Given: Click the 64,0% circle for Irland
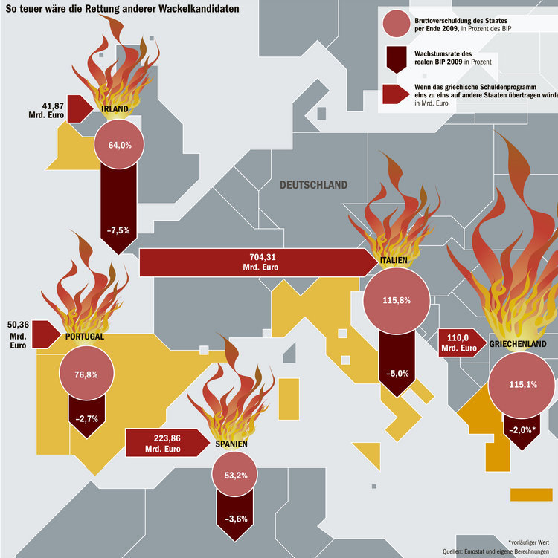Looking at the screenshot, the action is tap(119, 144).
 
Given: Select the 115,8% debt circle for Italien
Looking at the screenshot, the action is tap(397, 301).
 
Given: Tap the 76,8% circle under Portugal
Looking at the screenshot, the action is tap(86, 373).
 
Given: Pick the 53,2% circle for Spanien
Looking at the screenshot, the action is tap(235, 474).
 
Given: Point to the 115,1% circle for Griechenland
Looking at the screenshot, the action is tap(522, 385).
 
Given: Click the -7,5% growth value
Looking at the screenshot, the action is tap(118, 230).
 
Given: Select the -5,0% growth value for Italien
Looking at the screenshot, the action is tap(397, 373).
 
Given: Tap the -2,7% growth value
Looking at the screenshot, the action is tap(86, 418).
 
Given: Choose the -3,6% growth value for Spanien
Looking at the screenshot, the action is tap(236, 519).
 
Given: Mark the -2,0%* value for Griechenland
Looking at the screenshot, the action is tap(522, 430).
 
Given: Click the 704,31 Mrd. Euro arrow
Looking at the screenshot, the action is tap(259, 262).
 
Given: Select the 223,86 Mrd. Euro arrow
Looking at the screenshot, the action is tap(168, 443).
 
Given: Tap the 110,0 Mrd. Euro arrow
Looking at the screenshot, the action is tap(463, 343).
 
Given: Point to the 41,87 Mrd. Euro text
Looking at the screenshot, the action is tap(46, 110).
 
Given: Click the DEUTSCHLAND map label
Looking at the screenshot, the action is tap(313, 185).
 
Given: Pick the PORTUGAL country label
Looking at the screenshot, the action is tap(85, 337).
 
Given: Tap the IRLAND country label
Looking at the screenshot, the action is tap(115, 109).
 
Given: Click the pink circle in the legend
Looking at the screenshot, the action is tap(397, 24).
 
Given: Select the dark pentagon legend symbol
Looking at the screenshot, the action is tap(397, 59).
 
